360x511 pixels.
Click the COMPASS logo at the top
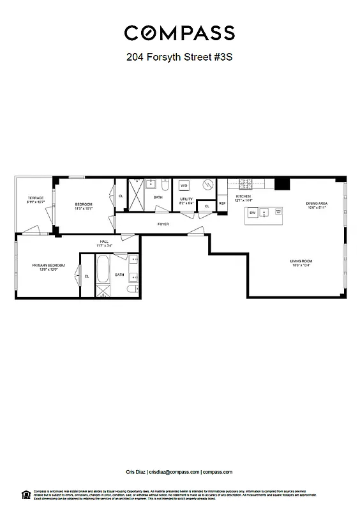tap(179, 33)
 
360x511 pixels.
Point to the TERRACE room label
tap(35, 198)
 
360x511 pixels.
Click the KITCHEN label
tap(243, 196)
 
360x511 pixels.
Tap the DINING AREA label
tap(317, 204)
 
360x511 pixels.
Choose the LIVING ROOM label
tap(301, 261)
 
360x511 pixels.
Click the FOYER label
tap(163, 224)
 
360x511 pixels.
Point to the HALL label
tap(104, 241)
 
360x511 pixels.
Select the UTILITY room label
tap(186, 199)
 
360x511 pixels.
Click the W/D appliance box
tap(184, 186)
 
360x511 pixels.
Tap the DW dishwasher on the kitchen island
tap(252, 213)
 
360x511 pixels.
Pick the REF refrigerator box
tap(222, 203)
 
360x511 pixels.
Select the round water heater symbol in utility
tap(207, 185)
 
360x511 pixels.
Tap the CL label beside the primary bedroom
tap(87, 276)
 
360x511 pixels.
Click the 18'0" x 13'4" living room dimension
tap(301, 266)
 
